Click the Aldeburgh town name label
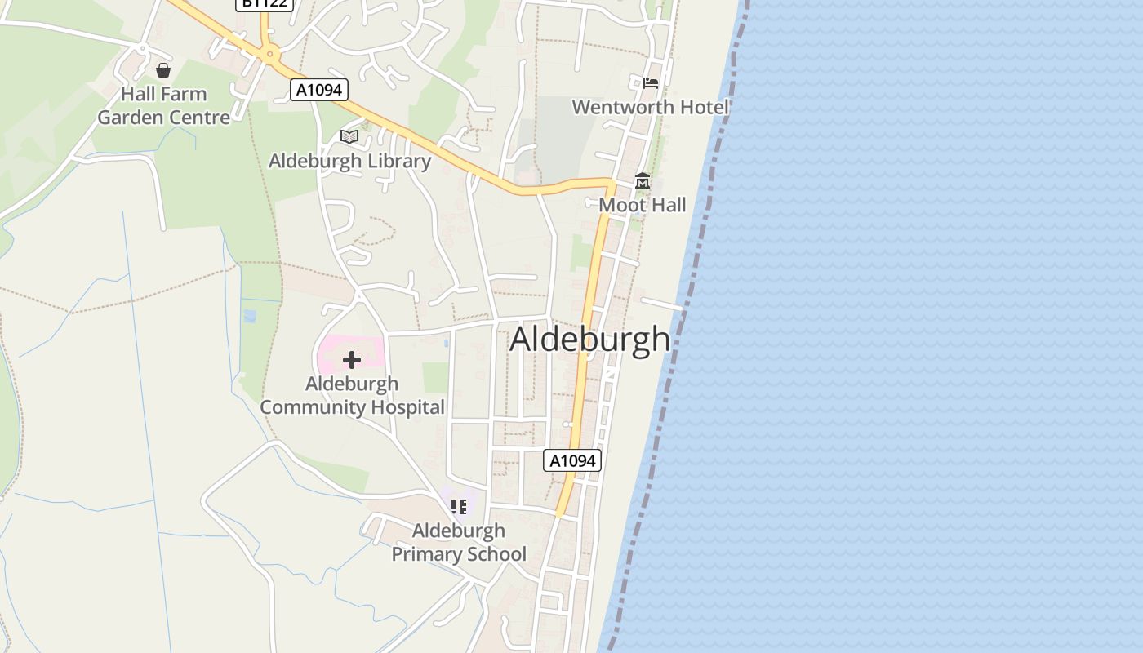pos(589,340)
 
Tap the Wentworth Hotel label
pos(650,107)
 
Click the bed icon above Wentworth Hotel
pos(651,83)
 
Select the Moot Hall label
pos(643,205)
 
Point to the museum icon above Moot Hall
pos(643,180)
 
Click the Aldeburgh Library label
pos(349,161)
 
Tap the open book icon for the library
pos(349,136)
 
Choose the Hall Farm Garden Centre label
pos(164,106)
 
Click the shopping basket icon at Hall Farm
pos(163,70)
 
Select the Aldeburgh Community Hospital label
pos(353,395)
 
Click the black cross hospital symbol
pos(352,359)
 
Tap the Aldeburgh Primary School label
pos(459,542)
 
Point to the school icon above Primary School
pos(459,506)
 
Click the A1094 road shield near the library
pos(319,90)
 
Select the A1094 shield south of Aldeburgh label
pos(572,460)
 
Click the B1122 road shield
pos(264,3)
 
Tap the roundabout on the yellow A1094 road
pos(269,55)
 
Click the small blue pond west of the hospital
pos(250,315)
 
